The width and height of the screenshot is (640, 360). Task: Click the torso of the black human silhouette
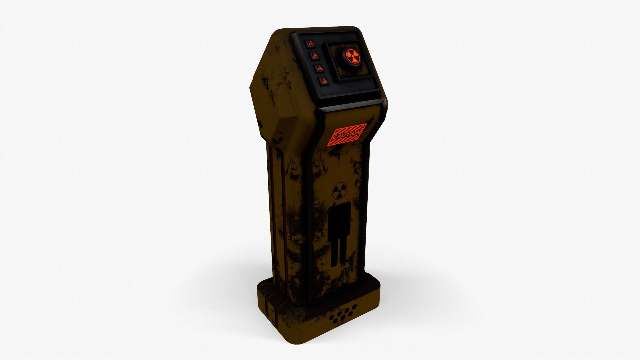(x=339, y=220)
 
